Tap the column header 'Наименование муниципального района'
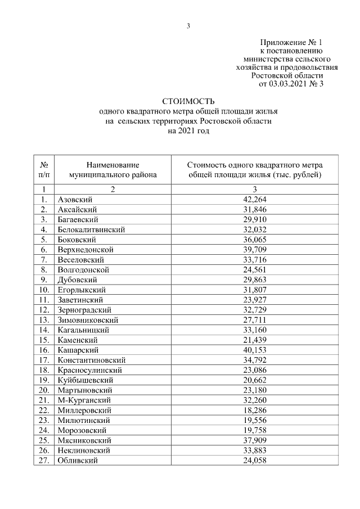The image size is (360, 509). click(x=112, y=169)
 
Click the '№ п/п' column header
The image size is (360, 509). click(x=44, y=169)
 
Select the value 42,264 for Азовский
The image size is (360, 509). click(x=255, y=199)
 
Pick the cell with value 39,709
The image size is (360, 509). click(x=255, y=249)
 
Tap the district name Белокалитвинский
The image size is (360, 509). click(x=91, y=229)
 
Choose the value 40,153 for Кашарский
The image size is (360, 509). click(x=255, y=350)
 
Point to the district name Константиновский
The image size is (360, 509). click(x=91, y=360)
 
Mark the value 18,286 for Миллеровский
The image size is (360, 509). click(x=255, y=410)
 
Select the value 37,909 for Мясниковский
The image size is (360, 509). click(x=255, y=440)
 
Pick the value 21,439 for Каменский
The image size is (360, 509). click(x=255, y=340)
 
